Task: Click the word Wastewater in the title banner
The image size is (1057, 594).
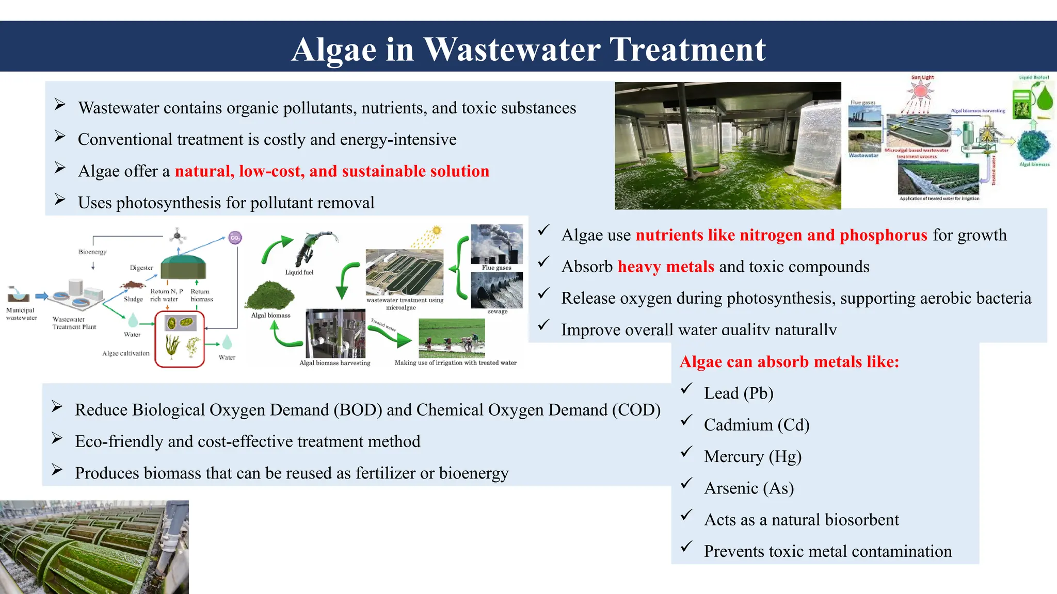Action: pos(512,50)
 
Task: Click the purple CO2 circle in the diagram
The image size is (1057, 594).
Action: pos(235,238)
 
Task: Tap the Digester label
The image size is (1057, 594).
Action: pos(141,268)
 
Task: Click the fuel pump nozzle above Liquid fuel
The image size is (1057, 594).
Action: pos(316,247)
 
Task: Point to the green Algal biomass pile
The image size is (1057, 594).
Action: pos(270,295)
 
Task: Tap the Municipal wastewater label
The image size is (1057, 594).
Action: pos(21,314)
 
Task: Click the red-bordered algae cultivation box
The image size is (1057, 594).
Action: pos(180,339)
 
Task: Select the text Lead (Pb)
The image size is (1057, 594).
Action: pos(738,393)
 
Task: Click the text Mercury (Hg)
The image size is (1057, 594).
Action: pos(752,457)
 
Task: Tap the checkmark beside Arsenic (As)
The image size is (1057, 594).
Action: pos(686,484)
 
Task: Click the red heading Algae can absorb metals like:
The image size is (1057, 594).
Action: pos(789,362)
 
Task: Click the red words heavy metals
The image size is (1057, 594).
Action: pos(665,267)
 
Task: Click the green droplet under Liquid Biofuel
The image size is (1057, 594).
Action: pos(1045,98)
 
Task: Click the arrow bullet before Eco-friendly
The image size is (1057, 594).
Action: pos(57,439)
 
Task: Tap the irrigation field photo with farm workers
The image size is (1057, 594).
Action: pos(452,338)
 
